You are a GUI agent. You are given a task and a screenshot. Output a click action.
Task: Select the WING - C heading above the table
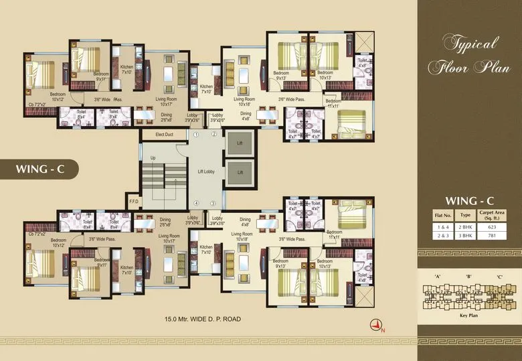(470, 200)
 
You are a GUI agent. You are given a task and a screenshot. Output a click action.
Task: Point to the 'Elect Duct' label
(164, 135)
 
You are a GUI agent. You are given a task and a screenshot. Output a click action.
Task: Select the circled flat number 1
(196, 135)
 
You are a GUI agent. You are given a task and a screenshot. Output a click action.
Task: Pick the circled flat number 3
(213, 203)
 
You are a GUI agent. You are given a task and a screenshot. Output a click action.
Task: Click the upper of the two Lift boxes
(239, 143)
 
